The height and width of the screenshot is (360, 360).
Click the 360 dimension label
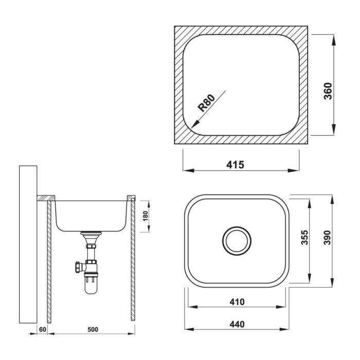[328, 91]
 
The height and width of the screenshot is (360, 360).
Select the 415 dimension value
[236, 165]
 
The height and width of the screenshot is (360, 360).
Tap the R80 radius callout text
[207, 103]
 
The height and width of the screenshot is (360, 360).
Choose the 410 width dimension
[237, 302]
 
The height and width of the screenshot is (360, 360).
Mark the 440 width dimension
[237, 325]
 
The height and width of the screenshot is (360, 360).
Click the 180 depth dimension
[146, 216]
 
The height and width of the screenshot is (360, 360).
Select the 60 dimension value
[43, 330]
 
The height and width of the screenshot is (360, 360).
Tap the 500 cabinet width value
[93, 330]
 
